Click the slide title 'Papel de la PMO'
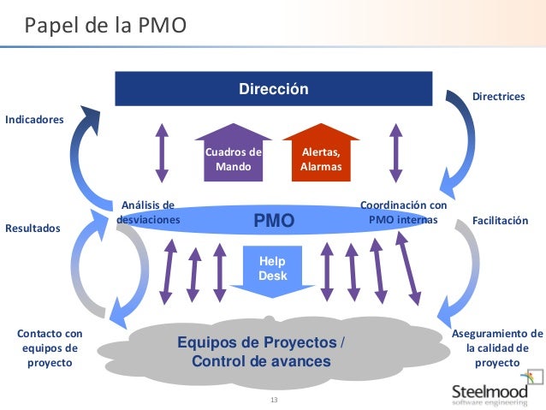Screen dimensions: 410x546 point(104,26)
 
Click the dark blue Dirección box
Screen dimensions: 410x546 point(273,89)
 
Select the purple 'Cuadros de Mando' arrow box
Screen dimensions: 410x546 point(233,154)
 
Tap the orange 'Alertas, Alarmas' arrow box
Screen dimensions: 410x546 point(320,154)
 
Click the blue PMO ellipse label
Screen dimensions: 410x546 point(274,221)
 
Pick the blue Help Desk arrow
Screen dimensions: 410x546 point(273,270)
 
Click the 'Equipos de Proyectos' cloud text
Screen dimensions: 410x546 point(261,352)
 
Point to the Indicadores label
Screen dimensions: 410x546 point(35,119)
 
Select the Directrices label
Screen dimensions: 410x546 point(498,97)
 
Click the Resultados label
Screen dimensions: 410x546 point(33,229)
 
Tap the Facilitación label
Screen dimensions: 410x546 point(501,221)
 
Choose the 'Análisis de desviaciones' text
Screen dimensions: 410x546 point(148,212)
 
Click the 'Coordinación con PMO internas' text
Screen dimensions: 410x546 point(403,212)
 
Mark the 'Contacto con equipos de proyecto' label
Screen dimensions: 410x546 point(49,348)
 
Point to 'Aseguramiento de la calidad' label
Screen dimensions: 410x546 point(497,348)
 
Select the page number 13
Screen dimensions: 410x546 point(274,401)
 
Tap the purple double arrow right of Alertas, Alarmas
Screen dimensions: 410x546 point(395,152)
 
